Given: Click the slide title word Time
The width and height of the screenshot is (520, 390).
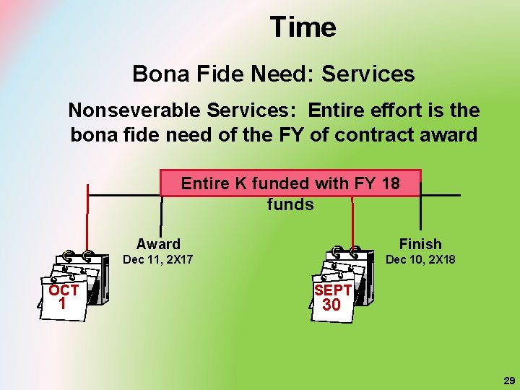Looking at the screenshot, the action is click(303, 27).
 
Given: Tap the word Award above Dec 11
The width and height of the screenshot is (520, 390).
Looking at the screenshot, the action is click(158, 244).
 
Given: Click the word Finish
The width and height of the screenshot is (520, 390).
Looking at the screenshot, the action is click(420, 244).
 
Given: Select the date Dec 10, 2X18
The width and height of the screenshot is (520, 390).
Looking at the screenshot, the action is click(420, 259).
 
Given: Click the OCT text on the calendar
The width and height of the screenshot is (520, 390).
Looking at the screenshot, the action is click(64, 290).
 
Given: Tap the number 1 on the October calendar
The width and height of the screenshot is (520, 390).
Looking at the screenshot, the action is click(62, 304).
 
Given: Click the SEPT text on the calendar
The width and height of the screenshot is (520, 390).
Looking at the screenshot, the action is click(333, 290).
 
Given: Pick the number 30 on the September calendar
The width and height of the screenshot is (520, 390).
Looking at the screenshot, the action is click(331, 305).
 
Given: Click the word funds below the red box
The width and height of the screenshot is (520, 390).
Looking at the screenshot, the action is click(290, 204).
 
